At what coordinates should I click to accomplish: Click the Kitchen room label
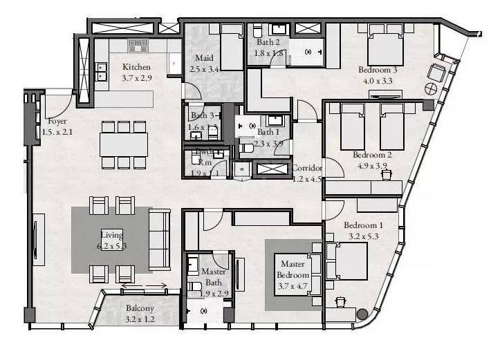point(136,67)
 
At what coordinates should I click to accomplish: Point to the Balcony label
point(140,309)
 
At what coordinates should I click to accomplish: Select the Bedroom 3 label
point(377,70)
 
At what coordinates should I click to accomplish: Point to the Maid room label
point(203,58)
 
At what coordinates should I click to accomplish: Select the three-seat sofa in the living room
point(160,239)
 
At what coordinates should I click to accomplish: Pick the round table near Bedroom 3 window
point(429,89)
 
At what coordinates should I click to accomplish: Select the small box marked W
point(242,167)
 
